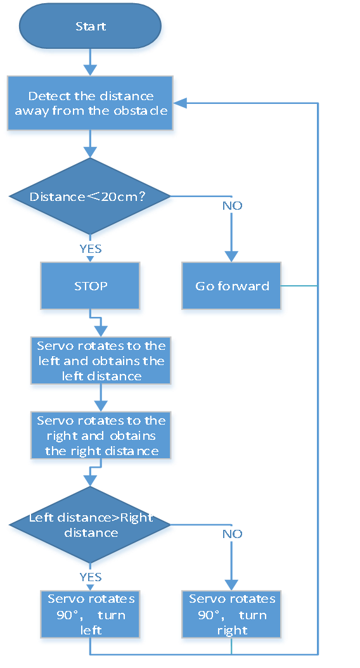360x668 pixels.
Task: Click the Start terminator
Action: [x=91, y=26]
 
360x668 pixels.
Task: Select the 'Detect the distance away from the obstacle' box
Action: [x=91, y=103]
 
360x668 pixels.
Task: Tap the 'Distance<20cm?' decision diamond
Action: [x=90, y=196]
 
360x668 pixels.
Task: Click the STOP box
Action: [x=91, y=285]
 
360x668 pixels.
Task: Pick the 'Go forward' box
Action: [x=231, y=285]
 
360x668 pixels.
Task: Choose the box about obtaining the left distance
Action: [x=101, y=361]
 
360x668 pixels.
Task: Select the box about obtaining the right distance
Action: [x=101, y=435]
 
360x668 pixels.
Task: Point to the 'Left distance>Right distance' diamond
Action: [x=90, y=525]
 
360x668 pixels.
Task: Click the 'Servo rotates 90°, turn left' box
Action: [x=91, y=614]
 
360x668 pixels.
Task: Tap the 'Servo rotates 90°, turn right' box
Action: [x=231, y=614]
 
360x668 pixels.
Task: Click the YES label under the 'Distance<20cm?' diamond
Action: [x=91, y=249]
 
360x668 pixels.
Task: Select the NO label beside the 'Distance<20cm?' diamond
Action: [x=232, y=206]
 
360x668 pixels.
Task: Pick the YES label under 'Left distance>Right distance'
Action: [x=91, y=577]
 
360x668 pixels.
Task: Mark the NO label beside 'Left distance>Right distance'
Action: [x=232, y=534]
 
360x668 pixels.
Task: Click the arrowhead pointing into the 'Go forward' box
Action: [x=231, y=256]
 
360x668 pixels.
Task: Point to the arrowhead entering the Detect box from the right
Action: [x=179, y=103]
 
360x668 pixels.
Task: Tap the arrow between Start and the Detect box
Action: [x=91, y=62]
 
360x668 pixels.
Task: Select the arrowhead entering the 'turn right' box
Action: [x=231, y=584]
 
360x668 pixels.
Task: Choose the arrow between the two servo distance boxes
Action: [x=101, y=398]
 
